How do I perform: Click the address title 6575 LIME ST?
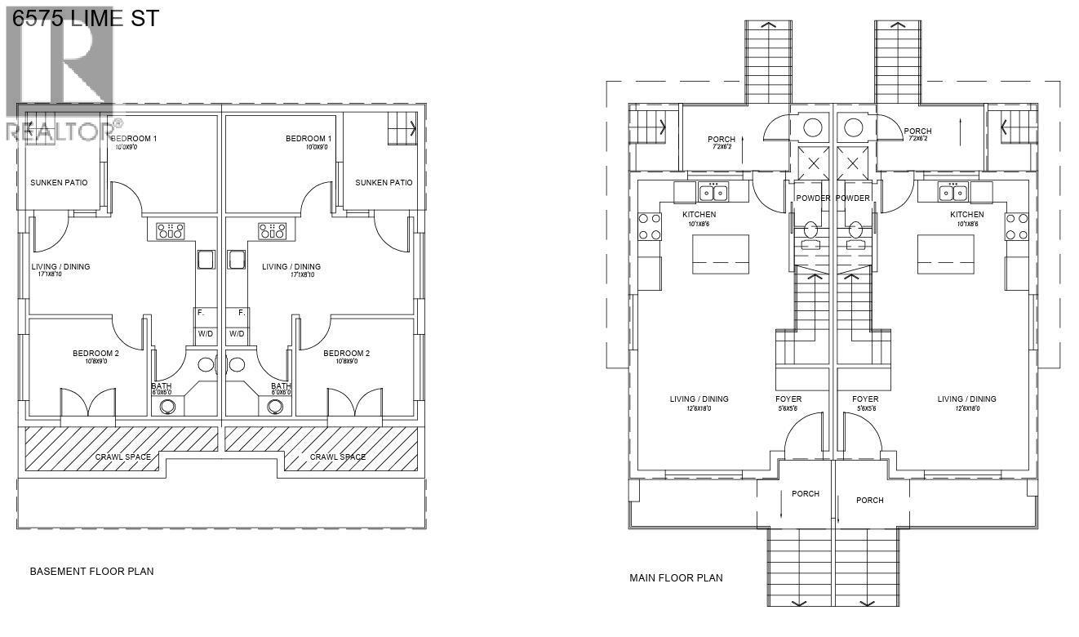coord(86,17)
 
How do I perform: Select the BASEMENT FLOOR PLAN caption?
coord(91,572)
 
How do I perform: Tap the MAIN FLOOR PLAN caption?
coord(676,578)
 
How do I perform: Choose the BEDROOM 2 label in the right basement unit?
coord(346,354)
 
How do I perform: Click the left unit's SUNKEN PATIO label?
coord(59,183)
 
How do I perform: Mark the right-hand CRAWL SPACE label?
coord(338,457)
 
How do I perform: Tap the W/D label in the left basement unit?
coord(205,334)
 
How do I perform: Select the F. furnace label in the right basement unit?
coord(242,313)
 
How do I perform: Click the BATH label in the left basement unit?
coord(162,386)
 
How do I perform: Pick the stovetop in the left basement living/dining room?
coord(170,231)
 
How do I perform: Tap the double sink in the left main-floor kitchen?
coord(713,192)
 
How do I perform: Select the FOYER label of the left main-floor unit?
coord(788,399)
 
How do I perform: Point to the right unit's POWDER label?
coord(853,198)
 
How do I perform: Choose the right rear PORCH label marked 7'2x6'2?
coord(917,131)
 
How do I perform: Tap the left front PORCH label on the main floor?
coord(806,493)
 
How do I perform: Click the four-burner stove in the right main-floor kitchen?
coord(1016,226)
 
